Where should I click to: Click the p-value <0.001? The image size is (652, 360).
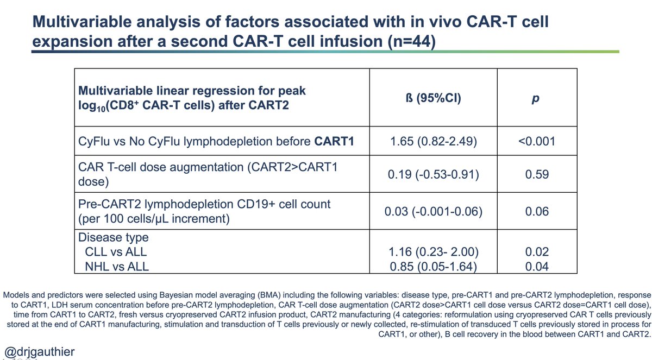coord(537,143)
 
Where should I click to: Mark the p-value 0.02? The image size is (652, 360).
coord(537,252)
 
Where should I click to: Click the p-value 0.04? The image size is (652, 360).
coord(537,266)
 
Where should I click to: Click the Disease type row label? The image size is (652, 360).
coord(114,238)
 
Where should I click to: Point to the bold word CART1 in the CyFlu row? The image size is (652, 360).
coord(334,143)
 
